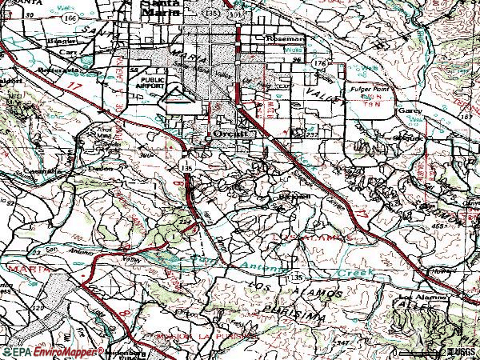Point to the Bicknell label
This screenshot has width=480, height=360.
tap(292, 195)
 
